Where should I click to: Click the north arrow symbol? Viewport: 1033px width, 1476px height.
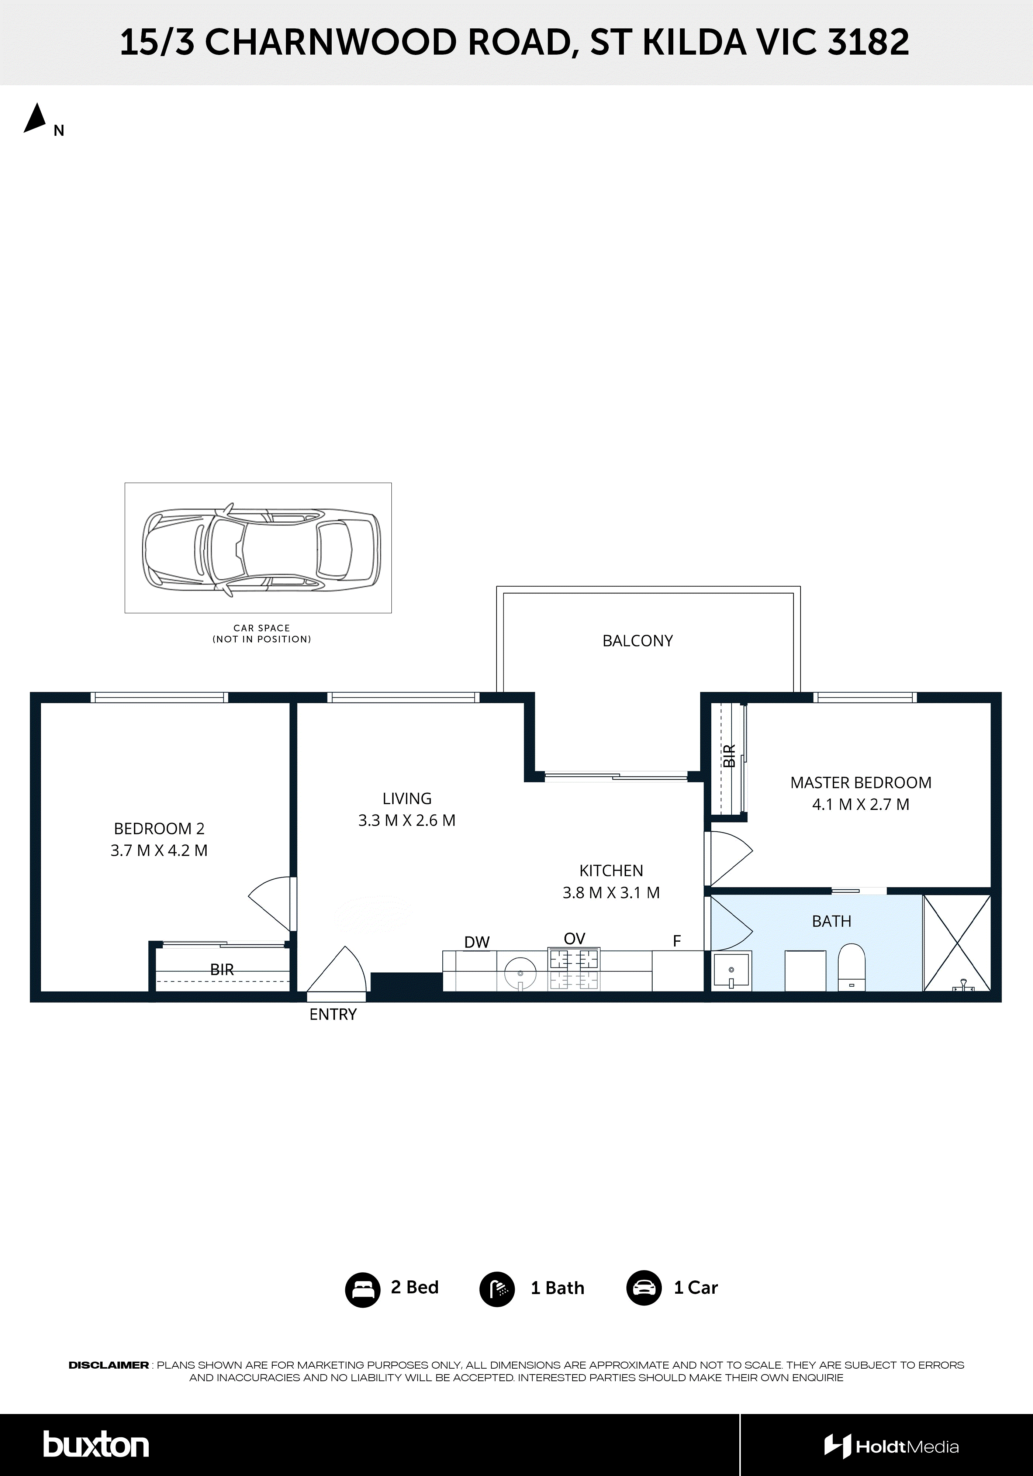36,118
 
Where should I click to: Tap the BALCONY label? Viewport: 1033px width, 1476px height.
637,641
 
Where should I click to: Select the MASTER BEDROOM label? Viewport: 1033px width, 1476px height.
860,782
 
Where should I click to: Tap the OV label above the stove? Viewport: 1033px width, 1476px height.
574,939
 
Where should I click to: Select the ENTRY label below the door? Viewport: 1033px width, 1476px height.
332,1014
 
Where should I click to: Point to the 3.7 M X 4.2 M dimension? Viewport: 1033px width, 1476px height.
159,851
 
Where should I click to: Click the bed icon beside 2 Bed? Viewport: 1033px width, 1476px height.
363,1288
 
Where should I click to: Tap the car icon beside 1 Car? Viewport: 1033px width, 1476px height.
643,1288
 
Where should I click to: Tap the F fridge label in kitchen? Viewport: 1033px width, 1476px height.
676,941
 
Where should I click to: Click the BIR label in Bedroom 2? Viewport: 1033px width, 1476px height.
222,969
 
